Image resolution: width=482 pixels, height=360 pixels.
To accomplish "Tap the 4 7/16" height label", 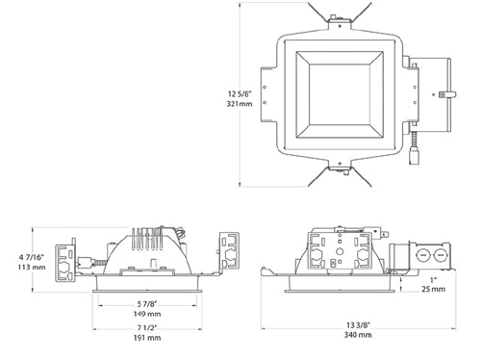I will tap(20, 257).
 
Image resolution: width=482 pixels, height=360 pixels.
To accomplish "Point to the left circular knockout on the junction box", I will tap(423, 256).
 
